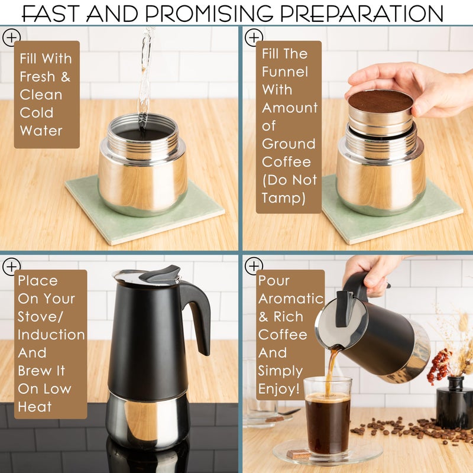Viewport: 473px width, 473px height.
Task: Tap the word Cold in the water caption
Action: pyautogui.click(x=37, y=113)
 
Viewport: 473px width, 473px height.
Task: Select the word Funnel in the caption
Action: pyautogui.click(x=285, y=72)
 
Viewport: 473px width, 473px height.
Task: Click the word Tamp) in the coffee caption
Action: pyautogui.click(x=284, y=199)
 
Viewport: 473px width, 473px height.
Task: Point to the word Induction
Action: pyautogui.click(x=51, y=335)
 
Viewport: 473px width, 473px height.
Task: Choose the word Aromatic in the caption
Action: pyautogui.click(x=291, y=299)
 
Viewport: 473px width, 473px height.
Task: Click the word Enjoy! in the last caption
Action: pyautogui.click(x=279, y=389)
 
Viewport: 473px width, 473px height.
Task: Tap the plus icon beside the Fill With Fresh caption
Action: pyautogui.click(x=11, y=38)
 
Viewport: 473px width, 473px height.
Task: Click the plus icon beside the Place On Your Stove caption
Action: pyautogui.click(x=11, y=267)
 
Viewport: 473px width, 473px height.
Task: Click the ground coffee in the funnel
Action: pyautogui.click(x=380, y=101)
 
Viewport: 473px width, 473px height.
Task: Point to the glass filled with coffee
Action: pyautogui.click(x=328, y=416)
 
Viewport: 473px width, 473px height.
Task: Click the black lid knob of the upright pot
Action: pyautogui.click(x=160, y=273)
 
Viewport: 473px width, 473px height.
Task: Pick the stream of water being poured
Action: pyautogui.click(x=145, y=79)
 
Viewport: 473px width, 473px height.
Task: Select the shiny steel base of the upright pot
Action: pyautogui.click(x=148, y=421)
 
